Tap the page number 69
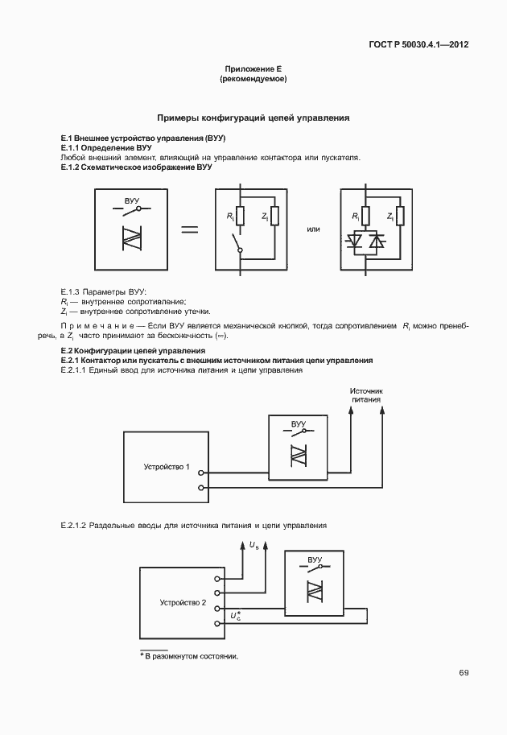click(464, 673)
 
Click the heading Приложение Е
click(253, 70)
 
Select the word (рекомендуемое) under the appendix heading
click(253, 80)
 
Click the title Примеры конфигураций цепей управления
click(253, 118)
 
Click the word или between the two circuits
click(314, 229)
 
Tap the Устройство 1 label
click(167, 467)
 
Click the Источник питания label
click(365, 394)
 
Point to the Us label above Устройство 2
click(254, 547)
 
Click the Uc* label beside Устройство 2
click(235, 617)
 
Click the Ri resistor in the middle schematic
click(240, 216)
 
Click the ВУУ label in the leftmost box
click(133, 198)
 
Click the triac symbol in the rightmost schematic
click(367, 241)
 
